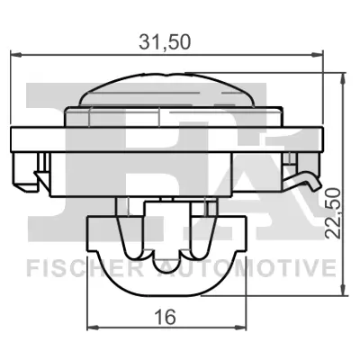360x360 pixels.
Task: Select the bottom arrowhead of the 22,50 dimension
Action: (342, 291)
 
